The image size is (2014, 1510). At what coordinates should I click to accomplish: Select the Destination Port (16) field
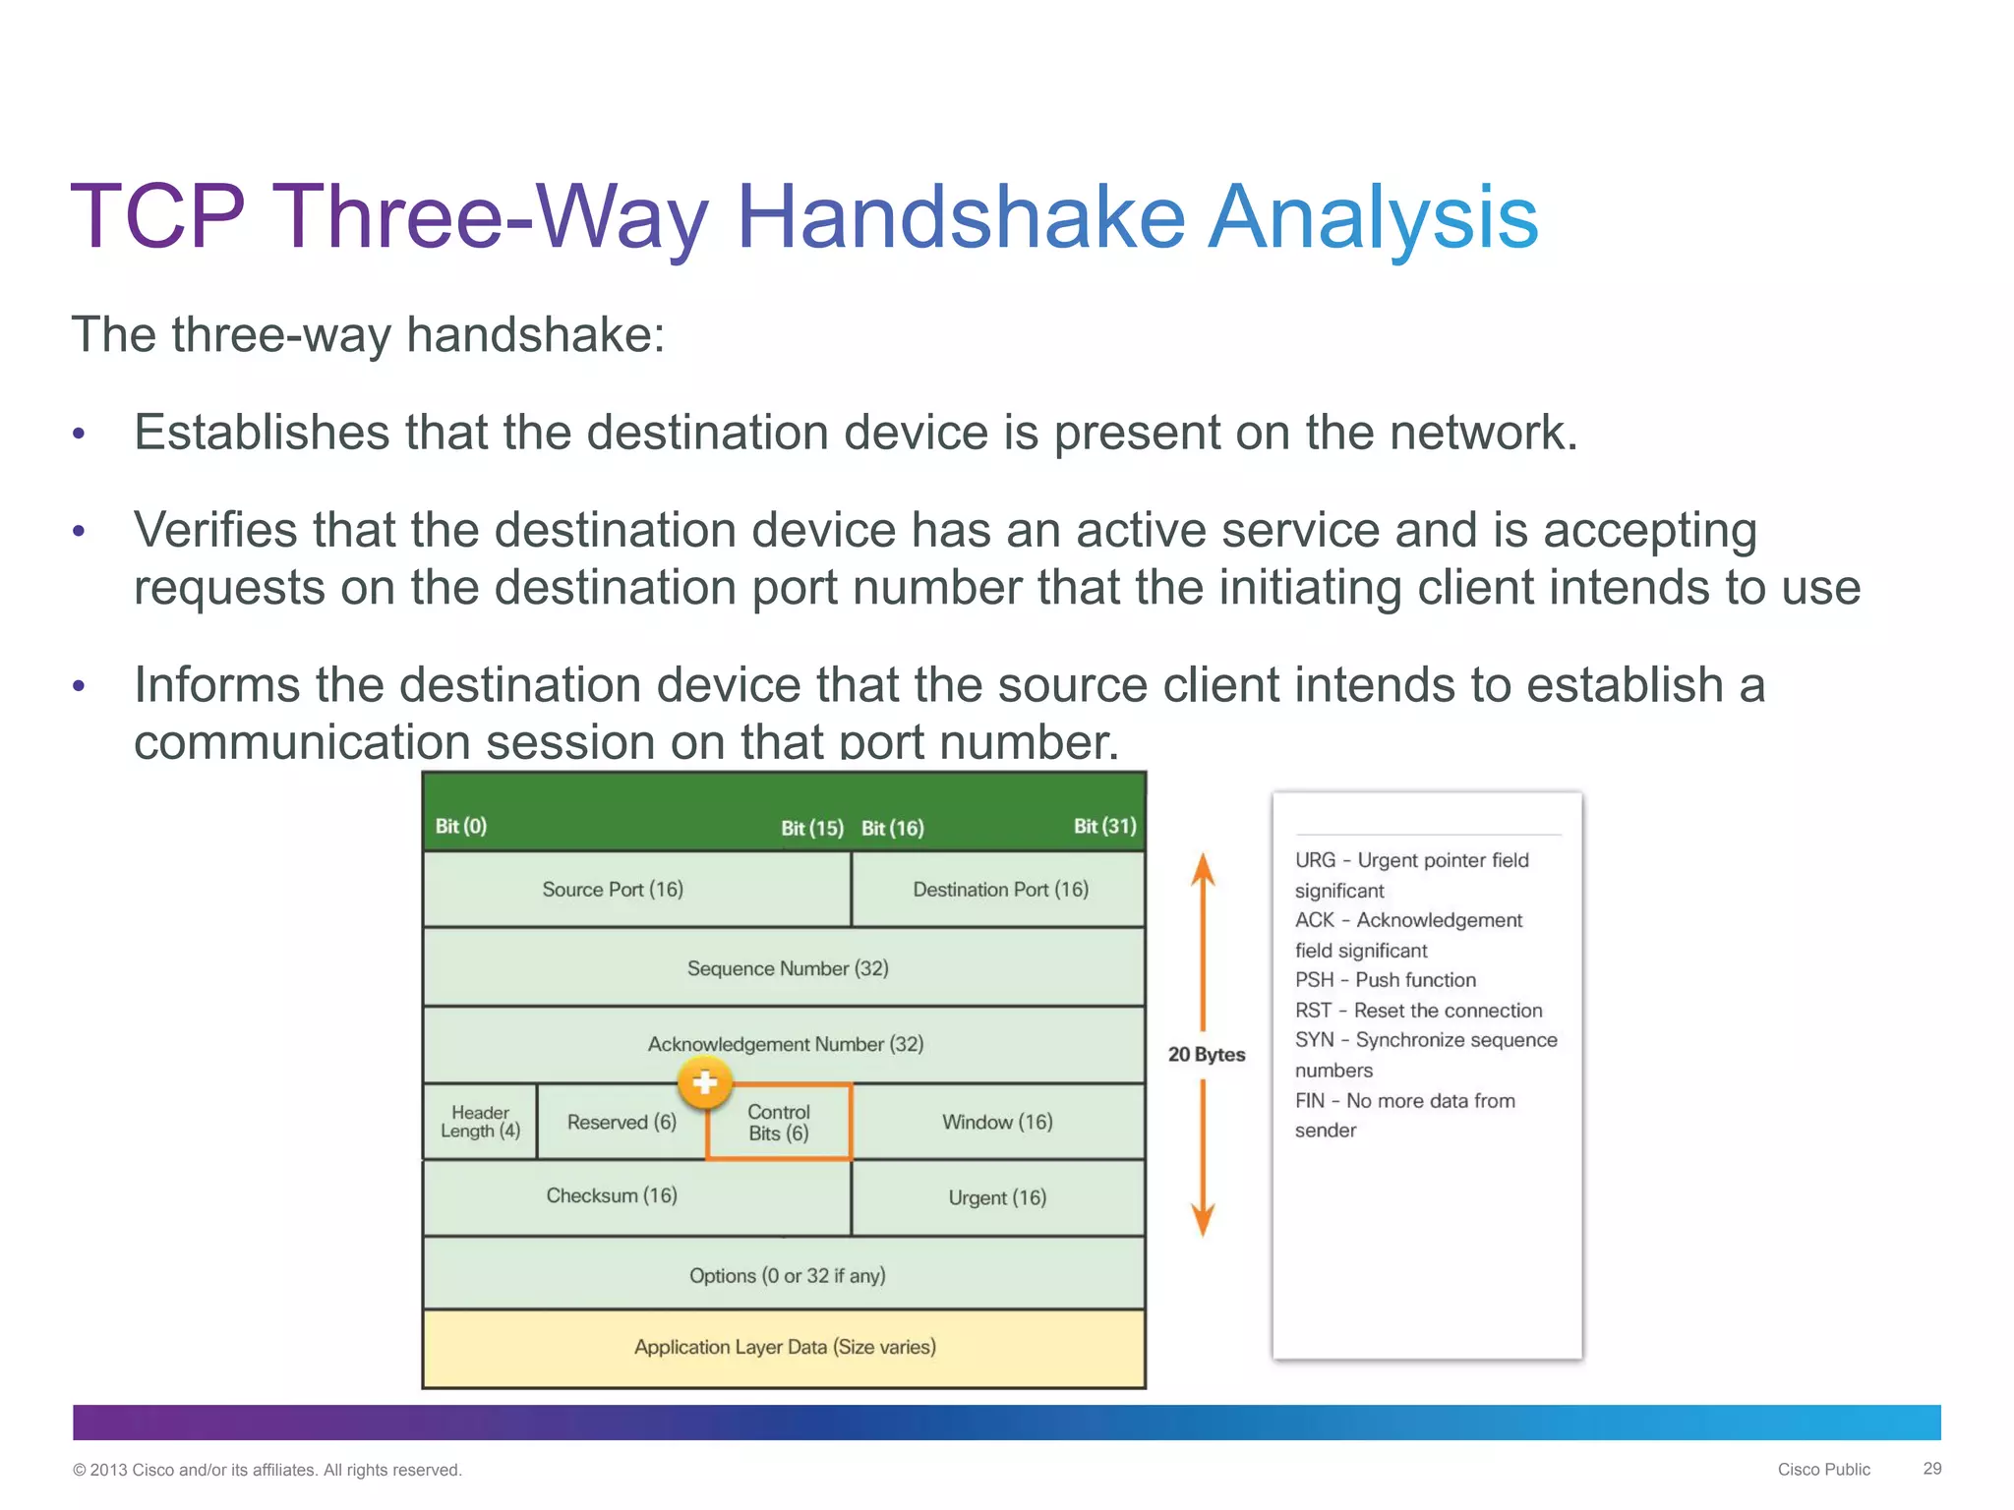point(999,889)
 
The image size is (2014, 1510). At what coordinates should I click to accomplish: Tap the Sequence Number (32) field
point(787,967)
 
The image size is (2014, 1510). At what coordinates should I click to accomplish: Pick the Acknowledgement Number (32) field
point(785,1043)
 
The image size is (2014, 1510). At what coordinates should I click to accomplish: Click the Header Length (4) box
point(480,1122)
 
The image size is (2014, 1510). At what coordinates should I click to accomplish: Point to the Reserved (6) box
point(622,1122)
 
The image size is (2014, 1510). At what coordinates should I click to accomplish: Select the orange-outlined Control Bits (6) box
point(779,1123)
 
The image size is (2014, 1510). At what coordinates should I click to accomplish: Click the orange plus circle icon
point(704,1083)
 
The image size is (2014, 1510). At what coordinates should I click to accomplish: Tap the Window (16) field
point(997,1122)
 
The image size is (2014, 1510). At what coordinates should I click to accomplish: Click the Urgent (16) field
point(997,1197)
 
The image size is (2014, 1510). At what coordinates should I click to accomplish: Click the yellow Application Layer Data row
point(785,1347)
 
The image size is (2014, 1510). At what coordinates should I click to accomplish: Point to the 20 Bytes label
point(1206,1054)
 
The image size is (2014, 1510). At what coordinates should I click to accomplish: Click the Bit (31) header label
point(1104,826)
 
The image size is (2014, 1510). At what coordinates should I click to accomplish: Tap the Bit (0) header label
point(461,826)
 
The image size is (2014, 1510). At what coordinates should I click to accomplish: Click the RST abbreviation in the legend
point(1313,1011)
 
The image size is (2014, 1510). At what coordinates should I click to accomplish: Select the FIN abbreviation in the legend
point(1310,1101)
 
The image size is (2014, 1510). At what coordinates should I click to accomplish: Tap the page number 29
point(1931,1468)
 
